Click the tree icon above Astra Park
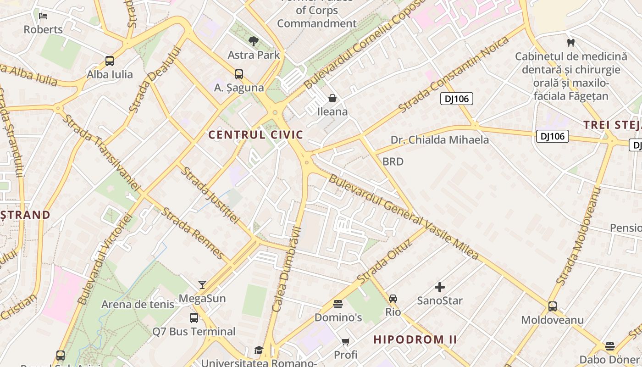253,41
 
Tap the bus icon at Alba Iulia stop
110,61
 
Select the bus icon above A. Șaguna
239,74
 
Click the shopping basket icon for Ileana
332,98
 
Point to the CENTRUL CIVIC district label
256,135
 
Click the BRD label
393,161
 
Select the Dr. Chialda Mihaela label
440,140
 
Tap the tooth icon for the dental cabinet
571,43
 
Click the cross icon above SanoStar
440,287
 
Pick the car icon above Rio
393,299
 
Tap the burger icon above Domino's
338,304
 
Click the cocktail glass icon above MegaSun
202,285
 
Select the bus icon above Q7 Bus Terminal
194,317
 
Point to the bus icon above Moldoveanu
553,306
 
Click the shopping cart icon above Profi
345,341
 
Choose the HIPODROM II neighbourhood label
415,340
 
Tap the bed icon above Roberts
43,16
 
